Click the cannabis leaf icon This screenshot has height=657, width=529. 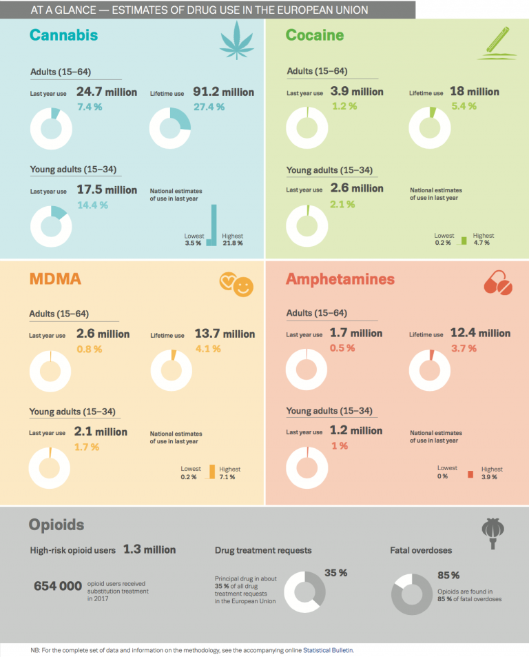click(x=237, y=41)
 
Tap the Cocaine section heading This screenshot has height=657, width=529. click(x=315, y=35)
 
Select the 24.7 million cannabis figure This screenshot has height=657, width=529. click(x=107, y=92)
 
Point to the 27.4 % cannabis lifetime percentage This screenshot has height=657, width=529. click(x=209, y=107)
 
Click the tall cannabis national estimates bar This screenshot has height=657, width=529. click(x=214, y=225)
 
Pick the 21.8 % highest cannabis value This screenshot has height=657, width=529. click(x=232, y=243)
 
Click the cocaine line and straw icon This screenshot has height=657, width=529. click(x=497, y=43)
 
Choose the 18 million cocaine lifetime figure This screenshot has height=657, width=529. click(x=475, y=91)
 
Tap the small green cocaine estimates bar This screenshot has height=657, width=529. click(x=464, y=241)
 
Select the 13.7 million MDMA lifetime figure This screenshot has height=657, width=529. click(x=225, y=334)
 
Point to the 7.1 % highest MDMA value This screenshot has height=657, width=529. click(x=227, y=477)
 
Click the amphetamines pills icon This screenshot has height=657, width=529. click(x=498, y=283)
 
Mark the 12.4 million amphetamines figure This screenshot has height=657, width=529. click(x=481, y=333)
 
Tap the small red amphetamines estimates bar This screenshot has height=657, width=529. click(x=470, y=474)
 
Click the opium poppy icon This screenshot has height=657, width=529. click(x=492, y=533)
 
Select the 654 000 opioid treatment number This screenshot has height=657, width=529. click(x=58, y=586)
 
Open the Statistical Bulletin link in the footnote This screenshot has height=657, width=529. click(x=328, y=650)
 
